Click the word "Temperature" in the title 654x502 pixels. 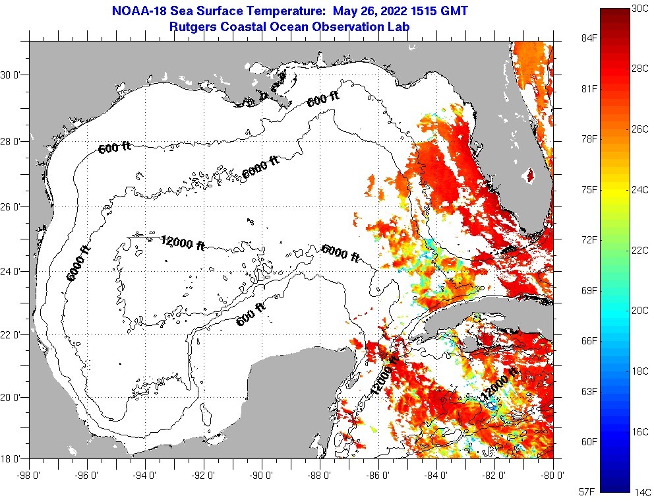point(291,11)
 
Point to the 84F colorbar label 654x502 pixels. point(588,38)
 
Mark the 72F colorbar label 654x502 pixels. point(588,240)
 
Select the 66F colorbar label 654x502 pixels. point(588,341)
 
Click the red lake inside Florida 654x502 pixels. point(528,175)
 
